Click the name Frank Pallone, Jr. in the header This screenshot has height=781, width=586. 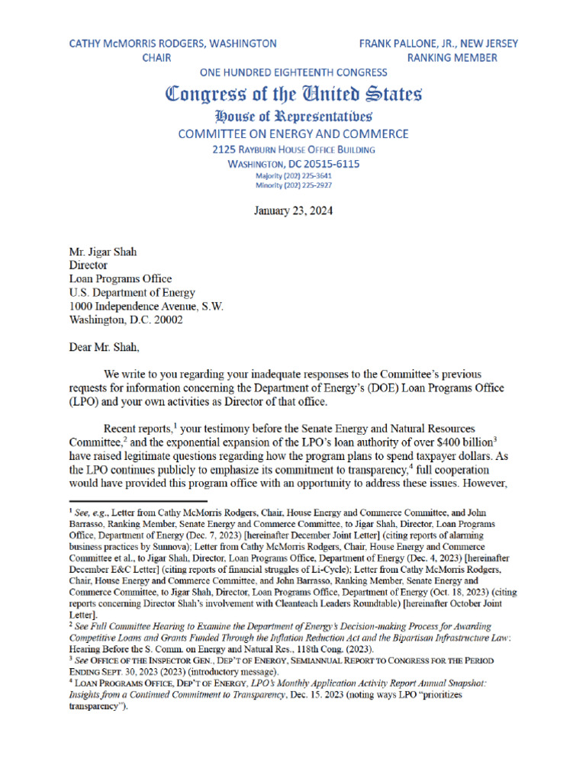417,43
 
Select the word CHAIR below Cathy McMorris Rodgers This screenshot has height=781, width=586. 157,58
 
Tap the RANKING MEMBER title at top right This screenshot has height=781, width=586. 452,58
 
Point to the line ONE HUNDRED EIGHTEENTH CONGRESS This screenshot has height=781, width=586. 293,72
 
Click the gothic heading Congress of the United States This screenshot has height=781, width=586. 294,95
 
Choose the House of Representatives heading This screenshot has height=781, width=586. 294,117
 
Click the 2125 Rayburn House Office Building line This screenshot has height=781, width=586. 294,149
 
